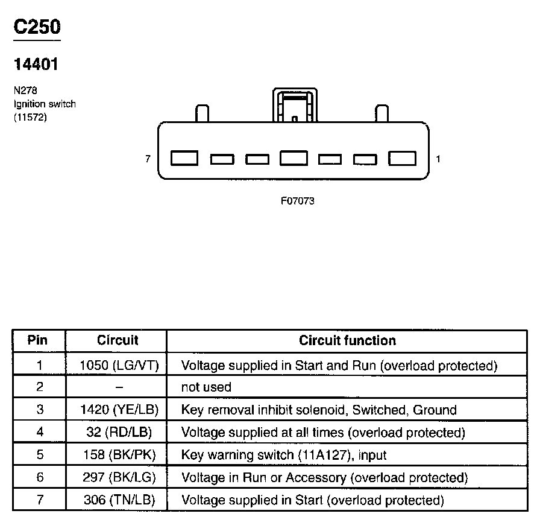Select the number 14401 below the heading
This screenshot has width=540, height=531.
pos(36,65)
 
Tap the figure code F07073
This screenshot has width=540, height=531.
pos(297,201)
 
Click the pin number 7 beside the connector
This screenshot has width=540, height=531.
pos(148,159)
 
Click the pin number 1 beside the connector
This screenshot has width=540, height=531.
pos(438,159)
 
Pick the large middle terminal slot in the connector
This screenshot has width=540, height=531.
pos(294,158)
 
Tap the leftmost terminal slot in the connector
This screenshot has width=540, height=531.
pos(184,158)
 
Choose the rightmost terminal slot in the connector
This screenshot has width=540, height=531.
pos(403,158)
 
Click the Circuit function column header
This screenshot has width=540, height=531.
pos(348,340)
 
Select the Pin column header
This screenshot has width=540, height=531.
pos(37,340)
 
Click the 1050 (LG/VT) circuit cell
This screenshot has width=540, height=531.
pos(119,365)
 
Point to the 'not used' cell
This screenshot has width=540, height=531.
pos(206,387)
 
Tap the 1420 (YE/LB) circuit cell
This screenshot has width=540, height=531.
pos(119,410)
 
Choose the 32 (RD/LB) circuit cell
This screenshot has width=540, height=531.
pos(119,433)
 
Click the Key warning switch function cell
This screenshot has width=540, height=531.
pos(284,456)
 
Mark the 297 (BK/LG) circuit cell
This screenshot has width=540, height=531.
pos(119,478)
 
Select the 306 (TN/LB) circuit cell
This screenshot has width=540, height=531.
pos(119,500)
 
